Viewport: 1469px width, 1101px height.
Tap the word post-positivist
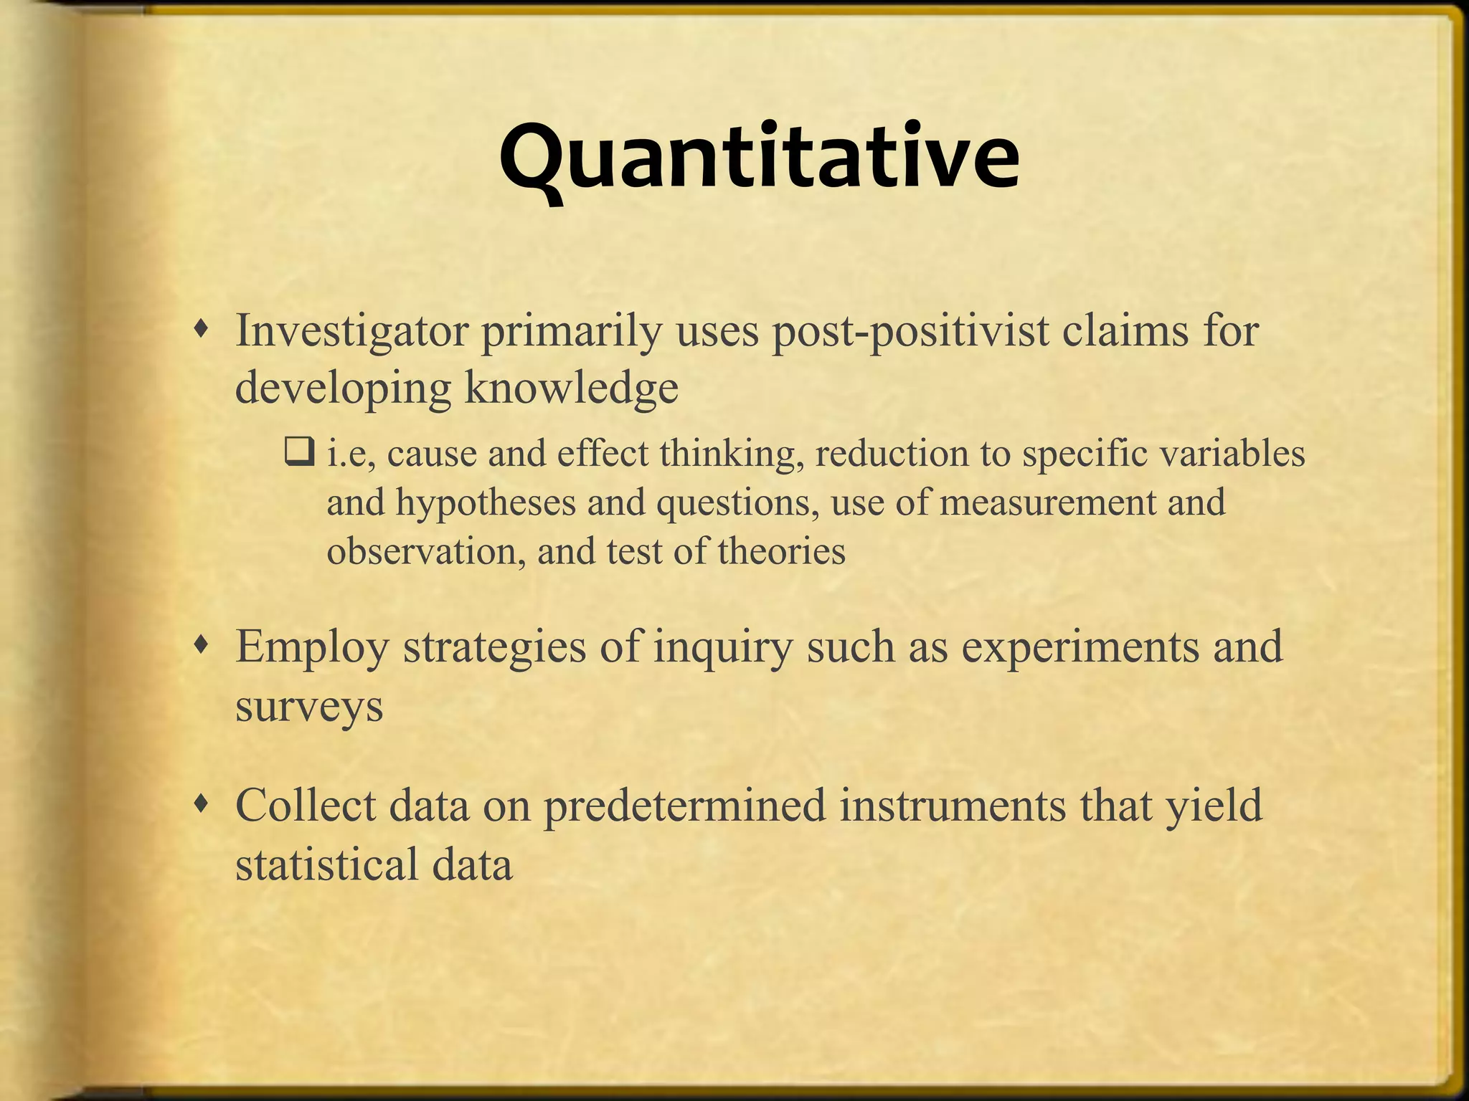(910, 333)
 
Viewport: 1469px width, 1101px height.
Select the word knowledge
(571, 389)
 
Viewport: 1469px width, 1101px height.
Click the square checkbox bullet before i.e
(299, 453)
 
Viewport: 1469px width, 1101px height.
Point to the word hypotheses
(486, 502)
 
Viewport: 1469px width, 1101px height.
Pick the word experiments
(1080, 646)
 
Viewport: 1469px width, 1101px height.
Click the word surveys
(309, 706)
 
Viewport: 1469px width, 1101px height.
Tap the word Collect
(306, 805)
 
